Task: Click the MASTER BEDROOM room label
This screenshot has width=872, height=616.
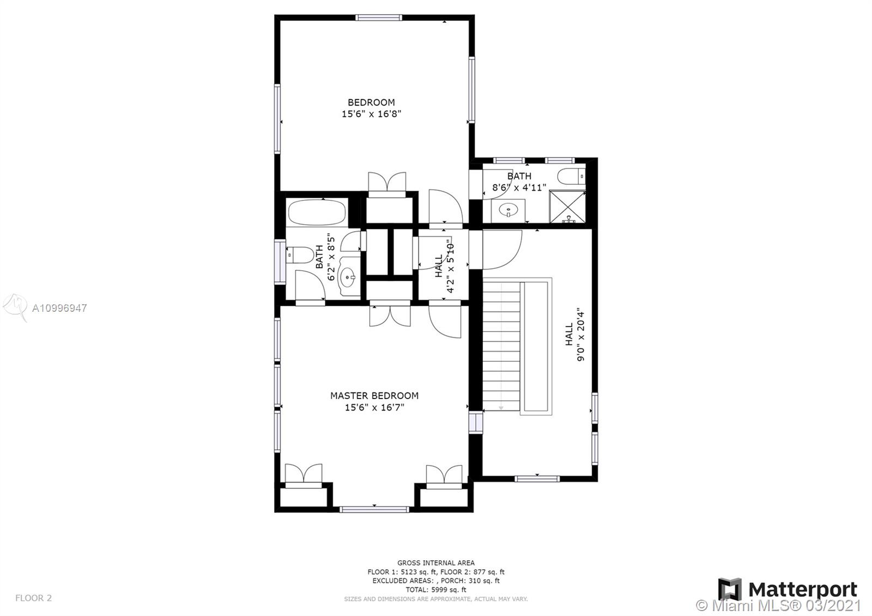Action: (374, 396)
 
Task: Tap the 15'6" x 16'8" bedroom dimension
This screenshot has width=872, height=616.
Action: (371, 114)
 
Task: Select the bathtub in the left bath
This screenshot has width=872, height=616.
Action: (317, 212)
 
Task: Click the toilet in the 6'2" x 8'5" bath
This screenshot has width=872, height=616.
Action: (300, 255)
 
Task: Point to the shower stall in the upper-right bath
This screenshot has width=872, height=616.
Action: (567, 207)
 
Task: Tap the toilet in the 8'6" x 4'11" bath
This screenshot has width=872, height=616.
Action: (572, 176)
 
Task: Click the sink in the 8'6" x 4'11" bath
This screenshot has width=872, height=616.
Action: (508, 211)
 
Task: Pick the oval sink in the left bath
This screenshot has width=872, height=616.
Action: (348, 277)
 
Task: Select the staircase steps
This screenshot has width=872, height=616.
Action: (501, 346)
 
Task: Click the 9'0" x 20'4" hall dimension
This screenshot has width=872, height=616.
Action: (580, 334)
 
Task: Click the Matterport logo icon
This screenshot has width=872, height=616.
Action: (730, 589)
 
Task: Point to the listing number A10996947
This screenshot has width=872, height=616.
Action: (59, 309)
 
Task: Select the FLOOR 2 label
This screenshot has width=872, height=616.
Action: (33, 597)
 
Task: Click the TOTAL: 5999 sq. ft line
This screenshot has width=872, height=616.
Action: (436, 589)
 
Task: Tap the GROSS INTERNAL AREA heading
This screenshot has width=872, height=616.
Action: (436, 563)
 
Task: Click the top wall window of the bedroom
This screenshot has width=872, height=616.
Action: (378, 17)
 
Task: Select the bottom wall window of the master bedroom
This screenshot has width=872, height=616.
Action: (374, 509)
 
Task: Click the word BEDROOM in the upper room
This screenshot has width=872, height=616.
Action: (371, 102)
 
